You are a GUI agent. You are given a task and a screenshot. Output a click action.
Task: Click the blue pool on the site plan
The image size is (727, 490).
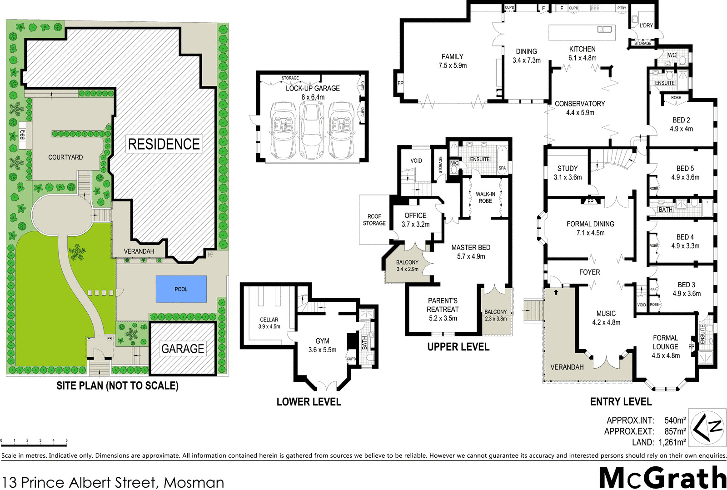click(x=181, y=289)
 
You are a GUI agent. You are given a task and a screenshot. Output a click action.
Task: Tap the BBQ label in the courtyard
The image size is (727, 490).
click(x=22, y=135)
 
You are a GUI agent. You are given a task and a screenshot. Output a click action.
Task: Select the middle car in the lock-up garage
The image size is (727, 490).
click(x=312, y=130)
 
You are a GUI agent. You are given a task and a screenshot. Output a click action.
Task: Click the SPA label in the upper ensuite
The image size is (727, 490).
click(x=502, y=168)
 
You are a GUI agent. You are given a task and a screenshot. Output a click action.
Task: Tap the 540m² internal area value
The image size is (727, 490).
click(x=675, y=420)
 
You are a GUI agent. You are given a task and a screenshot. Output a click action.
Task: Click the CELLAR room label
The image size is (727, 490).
click(x=269, y=320)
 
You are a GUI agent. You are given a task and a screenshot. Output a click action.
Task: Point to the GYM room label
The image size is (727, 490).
click(x=322, y=341)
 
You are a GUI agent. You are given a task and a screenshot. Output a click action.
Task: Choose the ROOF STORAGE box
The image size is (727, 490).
click(x=374, y=220)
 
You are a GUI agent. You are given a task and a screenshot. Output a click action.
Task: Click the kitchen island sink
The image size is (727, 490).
click(x=604, y=30)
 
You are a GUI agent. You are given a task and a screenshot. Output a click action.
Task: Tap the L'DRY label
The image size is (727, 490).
click(x=646, y=25)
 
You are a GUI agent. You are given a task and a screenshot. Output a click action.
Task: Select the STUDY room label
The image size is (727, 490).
click(x=568, y=168)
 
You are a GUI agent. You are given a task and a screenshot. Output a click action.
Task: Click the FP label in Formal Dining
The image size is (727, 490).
click(x=590, y=202)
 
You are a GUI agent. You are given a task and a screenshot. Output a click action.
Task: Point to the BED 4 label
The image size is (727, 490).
click(x=685, y=237)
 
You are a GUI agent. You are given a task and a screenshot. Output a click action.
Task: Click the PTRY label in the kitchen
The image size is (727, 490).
click(x=622, y=8)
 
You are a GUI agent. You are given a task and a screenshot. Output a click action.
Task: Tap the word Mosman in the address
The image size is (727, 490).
click(x=194, y=482)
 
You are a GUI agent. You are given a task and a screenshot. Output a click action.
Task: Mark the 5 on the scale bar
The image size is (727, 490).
click(x=66, y=440)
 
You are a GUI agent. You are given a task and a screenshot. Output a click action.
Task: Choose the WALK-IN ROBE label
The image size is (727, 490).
click(x=486, y=197)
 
